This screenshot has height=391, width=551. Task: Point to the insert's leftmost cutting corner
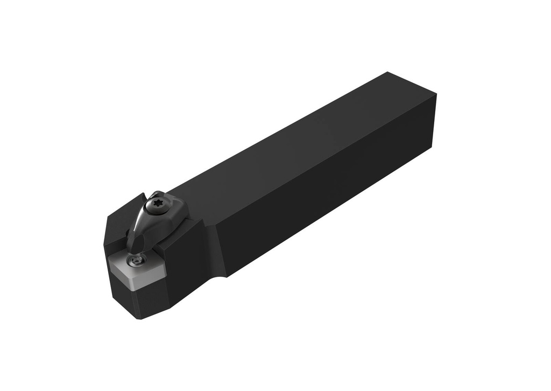108,257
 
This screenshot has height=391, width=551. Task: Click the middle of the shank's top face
301,140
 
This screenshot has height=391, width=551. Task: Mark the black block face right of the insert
183,275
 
